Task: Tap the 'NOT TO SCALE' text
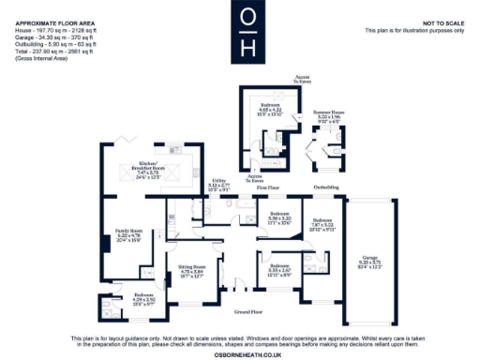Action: coord(443,22)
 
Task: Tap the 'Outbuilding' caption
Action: coord(326,187)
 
